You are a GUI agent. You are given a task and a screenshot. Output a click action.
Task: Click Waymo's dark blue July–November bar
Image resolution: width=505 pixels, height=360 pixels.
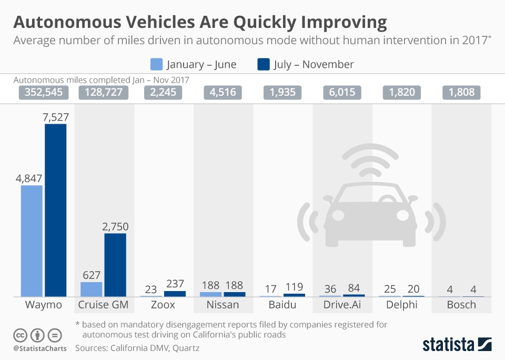pos(55,211)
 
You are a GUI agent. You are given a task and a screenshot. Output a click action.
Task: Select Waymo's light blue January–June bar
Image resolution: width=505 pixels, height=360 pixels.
pos(32,241)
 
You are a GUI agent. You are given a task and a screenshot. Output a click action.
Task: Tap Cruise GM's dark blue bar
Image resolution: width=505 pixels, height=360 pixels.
pos(115,265)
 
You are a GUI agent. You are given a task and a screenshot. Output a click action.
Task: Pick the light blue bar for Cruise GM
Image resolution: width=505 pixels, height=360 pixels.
pos(91,289)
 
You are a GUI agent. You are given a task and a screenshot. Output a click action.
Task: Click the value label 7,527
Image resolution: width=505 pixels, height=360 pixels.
pos(55,117)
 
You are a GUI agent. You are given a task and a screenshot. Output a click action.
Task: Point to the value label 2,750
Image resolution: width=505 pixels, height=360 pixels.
pos(115,226)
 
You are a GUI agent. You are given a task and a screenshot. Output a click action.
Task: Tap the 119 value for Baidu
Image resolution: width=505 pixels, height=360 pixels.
pos(294,287)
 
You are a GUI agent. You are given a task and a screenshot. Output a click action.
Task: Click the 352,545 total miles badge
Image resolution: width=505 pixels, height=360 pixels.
pos(44,93)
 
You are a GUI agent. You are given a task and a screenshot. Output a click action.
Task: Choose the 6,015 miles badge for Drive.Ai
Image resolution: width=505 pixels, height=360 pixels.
pos(342,93)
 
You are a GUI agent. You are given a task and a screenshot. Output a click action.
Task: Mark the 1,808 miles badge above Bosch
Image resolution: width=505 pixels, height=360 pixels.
pos(461,93)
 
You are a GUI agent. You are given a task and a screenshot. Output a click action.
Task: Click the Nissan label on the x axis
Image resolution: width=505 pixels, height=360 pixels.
pos(223,305)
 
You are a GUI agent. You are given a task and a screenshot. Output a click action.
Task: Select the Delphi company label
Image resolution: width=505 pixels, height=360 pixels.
pos(402,305)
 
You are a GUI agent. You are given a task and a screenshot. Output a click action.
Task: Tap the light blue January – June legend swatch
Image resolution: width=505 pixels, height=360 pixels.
pos(156,64)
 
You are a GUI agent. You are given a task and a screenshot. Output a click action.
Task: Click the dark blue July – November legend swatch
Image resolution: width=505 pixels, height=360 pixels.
pos(263,64)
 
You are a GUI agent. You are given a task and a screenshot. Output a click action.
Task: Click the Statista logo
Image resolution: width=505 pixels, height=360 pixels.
pos(457,345)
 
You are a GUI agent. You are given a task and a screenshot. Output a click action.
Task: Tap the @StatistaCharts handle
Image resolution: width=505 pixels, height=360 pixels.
pos(39,348)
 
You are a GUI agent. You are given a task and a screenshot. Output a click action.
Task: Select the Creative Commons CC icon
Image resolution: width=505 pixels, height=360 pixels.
pos(20,335)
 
